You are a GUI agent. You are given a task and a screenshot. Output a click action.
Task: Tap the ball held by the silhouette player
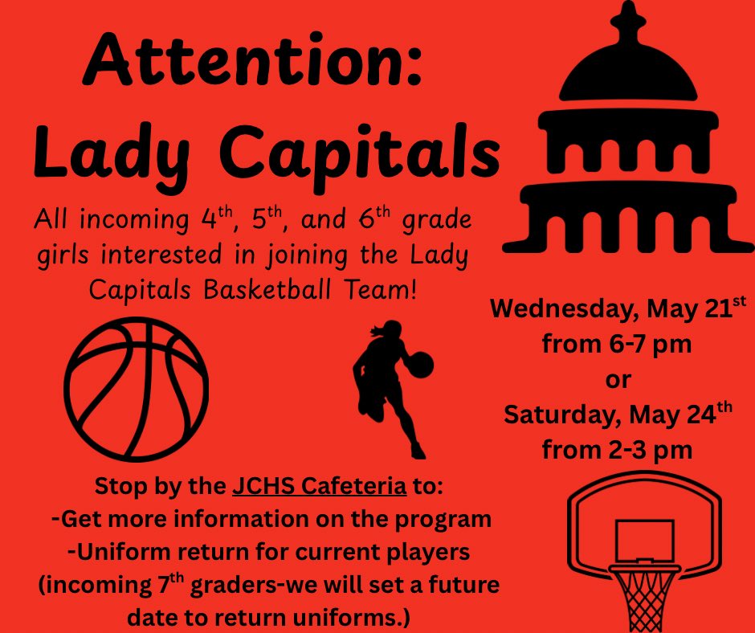pos(422,366)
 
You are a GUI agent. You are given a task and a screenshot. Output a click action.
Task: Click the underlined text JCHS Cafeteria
pos(319,488)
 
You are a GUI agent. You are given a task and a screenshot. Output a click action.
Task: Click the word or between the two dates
pos(618,379)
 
